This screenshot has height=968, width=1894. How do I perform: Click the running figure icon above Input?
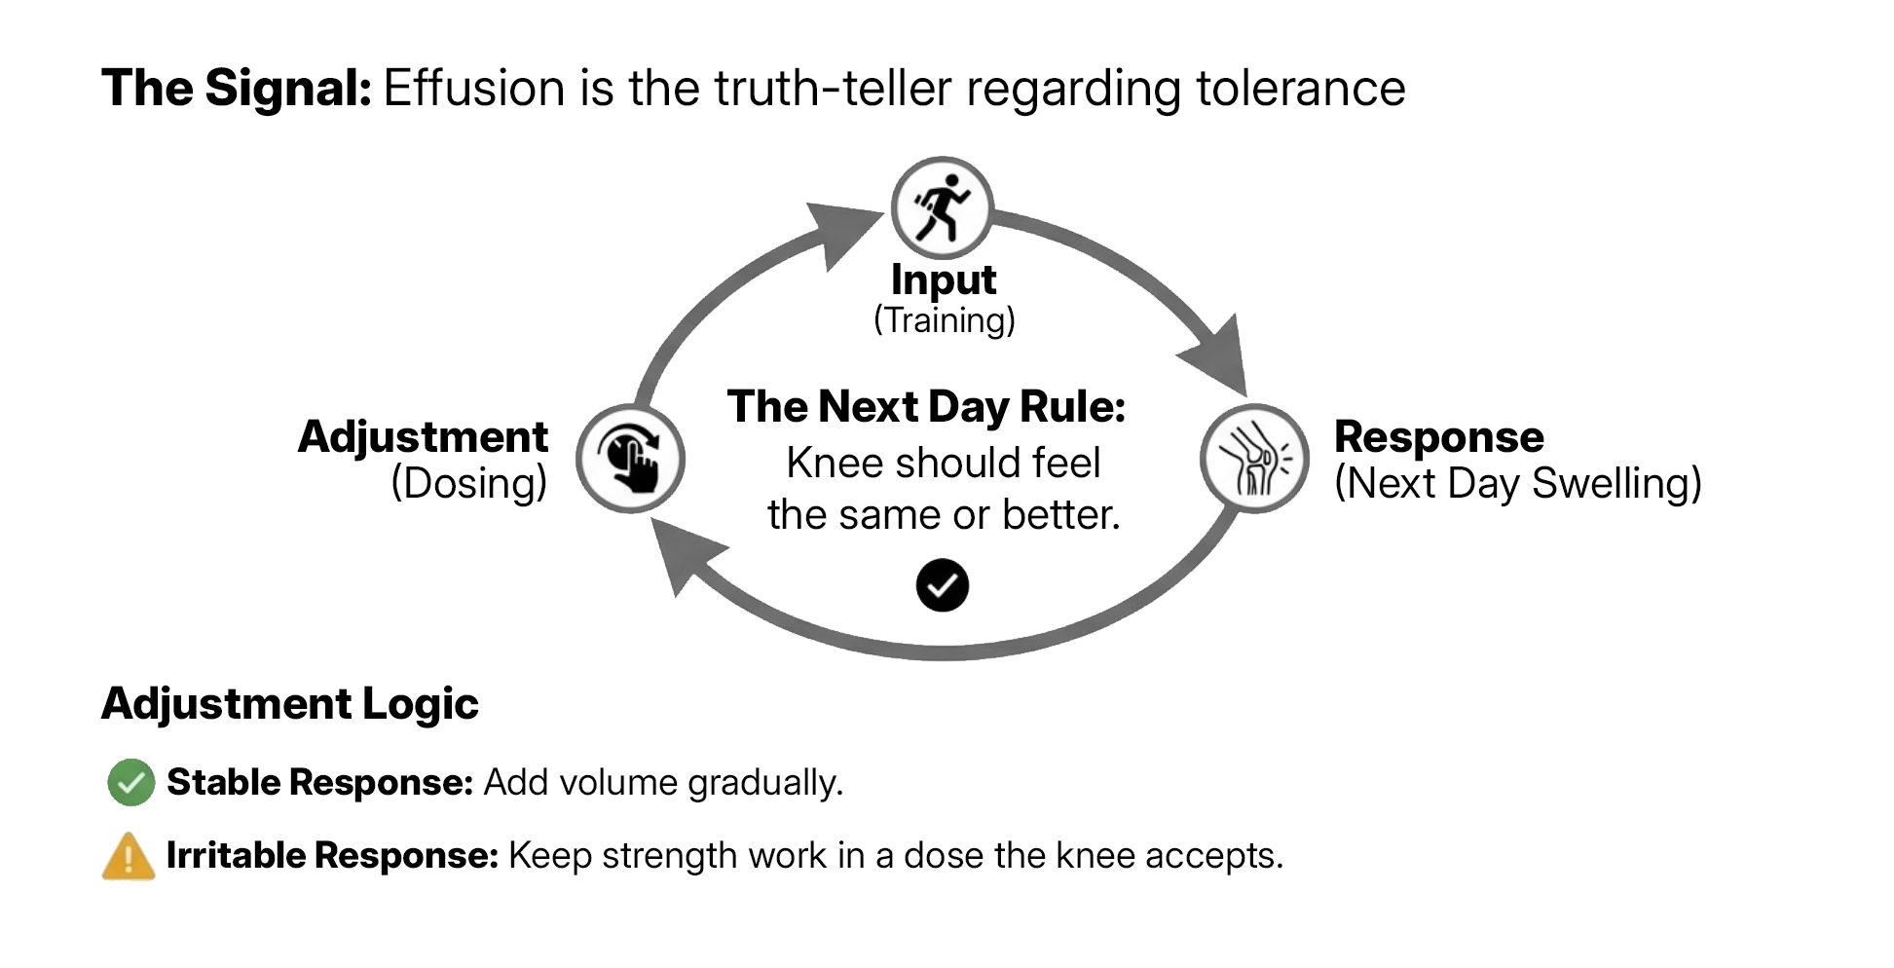click(x=942, y=207)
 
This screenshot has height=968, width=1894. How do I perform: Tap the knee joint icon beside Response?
click(x=1254, y=458)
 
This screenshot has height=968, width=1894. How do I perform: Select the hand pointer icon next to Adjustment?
click(x=630, y=458)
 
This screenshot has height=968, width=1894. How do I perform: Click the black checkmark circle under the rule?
click(x=942, y=585)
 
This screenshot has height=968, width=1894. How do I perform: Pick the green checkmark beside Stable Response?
click(x=130, y=782)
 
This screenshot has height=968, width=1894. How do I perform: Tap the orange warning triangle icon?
click(x=129, y=857)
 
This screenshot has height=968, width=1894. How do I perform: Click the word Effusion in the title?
click(x=473, y=89)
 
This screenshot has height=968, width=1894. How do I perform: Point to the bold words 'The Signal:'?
click(x=236, y=89)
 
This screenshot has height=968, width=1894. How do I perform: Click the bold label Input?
click(x=943, y=280)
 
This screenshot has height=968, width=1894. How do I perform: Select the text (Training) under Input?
click(x=944, y=319)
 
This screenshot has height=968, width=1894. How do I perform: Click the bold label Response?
click(x=1438, y=436)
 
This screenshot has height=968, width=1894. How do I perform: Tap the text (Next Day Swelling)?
click(x=1517, y=483)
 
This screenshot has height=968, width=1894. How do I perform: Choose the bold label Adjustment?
click(x=423, y=436)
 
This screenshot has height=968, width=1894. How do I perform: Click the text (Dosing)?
click(x=468, y=483)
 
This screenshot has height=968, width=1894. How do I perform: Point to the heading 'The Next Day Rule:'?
click(x=926, y=406)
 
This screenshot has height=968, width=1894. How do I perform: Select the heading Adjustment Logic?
click(x=289, y=703)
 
